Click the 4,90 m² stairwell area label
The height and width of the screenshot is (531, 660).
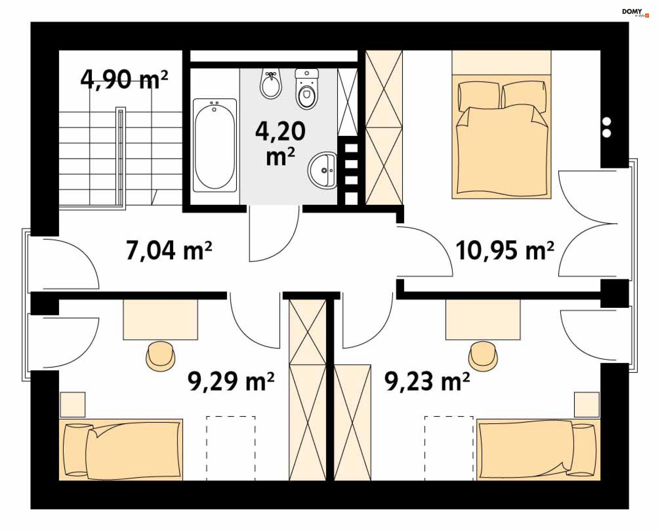124,79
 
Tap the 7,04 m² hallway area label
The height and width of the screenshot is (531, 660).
169,250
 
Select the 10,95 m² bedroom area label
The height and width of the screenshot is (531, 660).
505,250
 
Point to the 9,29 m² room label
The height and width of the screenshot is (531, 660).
231,381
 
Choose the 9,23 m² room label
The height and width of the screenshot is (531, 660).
427,381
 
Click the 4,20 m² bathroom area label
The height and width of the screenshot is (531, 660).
280,143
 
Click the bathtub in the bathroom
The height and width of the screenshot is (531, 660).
215,145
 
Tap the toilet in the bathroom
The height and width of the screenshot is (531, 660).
307,89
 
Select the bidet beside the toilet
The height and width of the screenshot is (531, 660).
271,84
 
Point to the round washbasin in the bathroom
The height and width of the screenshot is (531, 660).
322,170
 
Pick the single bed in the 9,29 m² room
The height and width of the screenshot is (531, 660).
121,449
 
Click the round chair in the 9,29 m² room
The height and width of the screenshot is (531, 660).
161,356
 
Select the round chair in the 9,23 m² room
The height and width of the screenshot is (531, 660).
483,356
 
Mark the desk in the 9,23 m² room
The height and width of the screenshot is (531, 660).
483,319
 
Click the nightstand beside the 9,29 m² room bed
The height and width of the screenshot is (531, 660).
73,405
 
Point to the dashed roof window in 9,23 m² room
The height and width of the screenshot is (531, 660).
449,448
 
